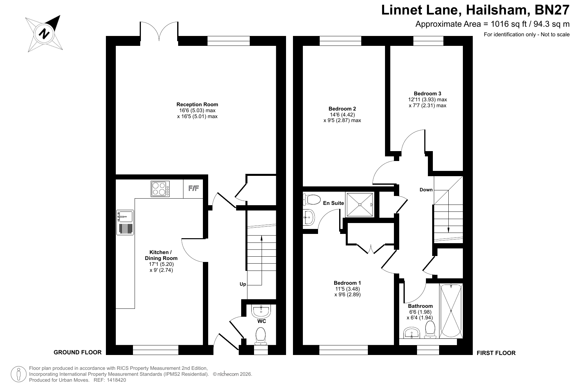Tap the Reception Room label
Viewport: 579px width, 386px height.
coord(197,105)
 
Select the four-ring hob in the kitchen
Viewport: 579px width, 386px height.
coord(160,189)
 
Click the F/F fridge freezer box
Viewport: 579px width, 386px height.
coord(193,189)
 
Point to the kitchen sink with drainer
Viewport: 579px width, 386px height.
coord(125,222)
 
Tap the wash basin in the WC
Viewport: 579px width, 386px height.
coord(261,310)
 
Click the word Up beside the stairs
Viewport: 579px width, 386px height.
coord(243,284)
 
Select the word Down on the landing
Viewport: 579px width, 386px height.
coord(426,190)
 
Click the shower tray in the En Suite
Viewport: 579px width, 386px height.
coord(360,205)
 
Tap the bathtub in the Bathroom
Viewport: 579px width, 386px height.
coord(451,310)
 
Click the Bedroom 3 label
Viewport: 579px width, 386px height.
coord(428,93)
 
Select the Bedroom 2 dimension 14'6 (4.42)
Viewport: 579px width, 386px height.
coord(342,114)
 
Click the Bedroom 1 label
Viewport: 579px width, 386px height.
coord(347,283)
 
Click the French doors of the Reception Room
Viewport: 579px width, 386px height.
coord(159,32)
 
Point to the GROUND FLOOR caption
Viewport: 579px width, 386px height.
coord(78,352)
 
